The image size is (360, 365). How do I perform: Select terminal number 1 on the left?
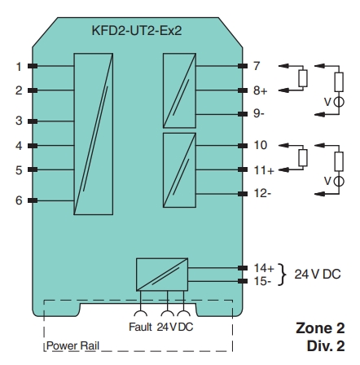click(x=18, y=66)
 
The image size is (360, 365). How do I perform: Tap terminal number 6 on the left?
click(x=18, y=200)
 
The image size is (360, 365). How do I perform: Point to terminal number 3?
click(x=18, y=121)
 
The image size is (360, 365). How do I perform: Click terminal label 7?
click(x=256, y=65)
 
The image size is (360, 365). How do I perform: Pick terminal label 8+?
click(x=259, y=90)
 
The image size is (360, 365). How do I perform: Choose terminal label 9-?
click(x=258, y=113)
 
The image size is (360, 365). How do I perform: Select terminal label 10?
click(x=260, y=145)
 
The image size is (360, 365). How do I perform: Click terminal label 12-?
click(x=261, y=193)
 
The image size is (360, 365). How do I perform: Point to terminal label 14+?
click(x=262, y=267)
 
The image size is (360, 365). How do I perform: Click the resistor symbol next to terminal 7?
click(x=303, y=78)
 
